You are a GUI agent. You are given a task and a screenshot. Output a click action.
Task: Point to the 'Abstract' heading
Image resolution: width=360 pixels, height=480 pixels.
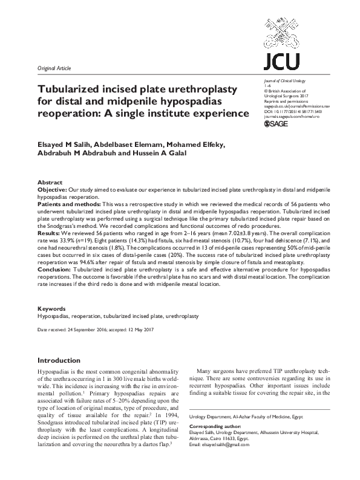pyautogui.click(x=50, y=182)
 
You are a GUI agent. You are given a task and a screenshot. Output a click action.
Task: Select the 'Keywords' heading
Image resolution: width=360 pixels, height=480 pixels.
pyautogui.click(x=51, y=308)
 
